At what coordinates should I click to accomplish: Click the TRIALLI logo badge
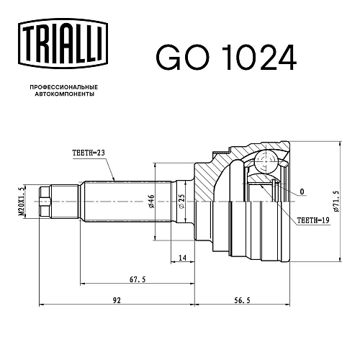[x=63, y=43]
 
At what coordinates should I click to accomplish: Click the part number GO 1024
[x=226, y=58]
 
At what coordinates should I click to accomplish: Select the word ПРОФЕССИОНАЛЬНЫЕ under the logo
[x=64, y=87]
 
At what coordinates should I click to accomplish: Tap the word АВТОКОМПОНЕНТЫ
[x=65, y=94]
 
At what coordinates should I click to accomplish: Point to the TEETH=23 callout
[x=89, y=153]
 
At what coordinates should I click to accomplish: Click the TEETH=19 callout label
[x=313, y=220]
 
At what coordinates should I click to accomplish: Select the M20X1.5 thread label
[x=22, y=202]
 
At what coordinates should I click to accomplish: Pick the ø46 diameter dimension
[x=151, y=202]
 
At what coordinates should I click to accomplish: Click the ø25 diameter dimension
[x=182, y=201]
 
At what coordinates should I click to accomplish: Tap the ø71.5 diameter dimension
[x=336, y=202]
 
